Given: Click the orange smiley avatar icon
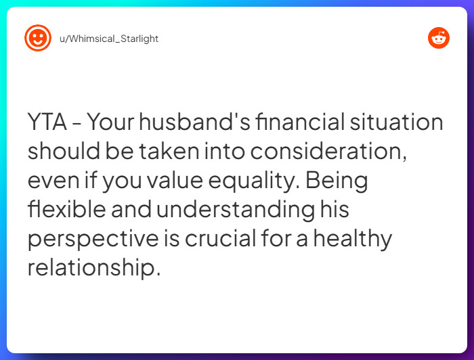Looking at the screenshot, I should [38, 38].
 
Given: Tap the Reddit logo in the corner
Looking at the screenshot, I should [439, 39].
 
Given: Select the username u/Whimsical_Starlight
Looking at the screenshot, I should [109, 39].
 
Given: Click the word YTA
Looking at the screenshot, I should [47, 123].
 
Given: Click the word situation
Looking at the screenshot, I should [397, 123].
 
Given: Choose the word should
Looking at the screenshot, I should [56, 152].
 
